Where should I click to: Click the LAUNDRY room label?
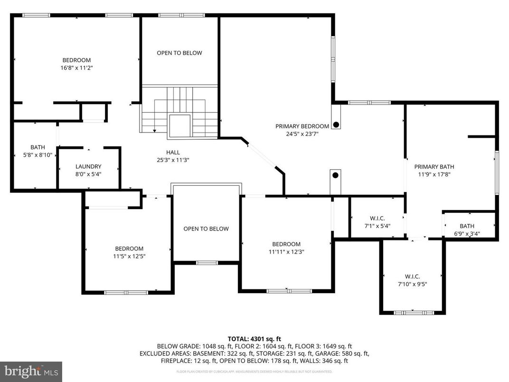[88, 166]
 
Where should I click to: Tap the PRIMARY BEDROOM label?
[302, 126]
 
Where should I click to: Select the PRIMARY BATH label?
[434, 166]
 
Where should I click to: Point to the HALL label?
[173, 152]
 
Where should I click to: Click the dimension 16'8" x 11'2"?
[76, 68]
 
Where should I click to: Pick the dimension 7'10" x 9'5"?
[412, 284]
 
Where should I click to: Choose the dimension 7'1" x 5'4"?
[377, 226]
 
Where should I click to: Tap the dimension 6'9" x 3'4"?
[467, 233]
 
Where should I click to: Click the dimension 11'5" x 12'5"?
[129, 256]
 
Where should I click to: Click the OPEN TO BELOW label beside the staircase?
[179, 53]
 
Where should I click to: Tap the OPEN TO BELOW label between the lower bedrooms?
[206, 229]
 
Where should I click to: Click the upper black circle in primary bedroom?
[336, 125]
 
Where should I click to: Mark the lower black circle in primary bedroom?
[335, 175]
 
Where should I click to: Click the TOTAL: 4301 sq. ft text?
[254, 339]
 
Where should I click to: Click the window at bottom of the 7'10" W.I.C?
[412, 313]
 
